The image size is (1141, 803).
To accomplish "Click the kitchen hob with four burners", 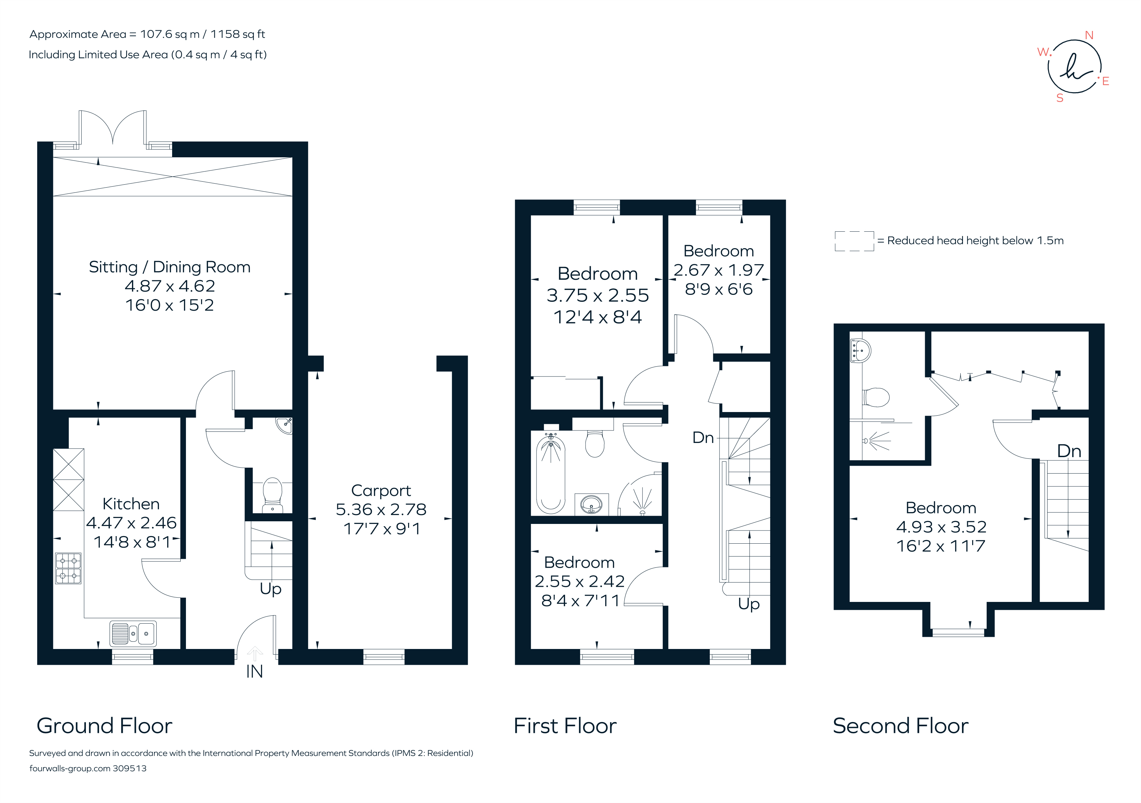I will point(68,568).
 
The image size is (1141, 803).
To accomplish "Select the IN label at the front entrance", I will point(254,672).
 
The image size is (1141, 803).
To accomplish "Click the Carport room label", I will point(381,490).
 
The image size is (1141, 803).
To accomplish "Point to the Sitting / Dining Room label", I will point(169,267).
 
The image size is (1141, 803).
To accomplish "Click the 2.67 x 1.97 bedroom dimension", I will point(718,270).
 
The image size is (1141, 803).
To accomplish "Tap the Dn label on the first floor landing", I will point(703,438).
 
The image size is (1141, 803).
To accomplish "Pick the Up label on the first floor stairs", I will point(748,604).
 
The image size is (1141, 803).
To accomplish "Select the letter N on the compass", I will point(1089,35).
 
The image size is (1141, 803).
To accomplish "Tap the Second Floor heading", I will point(900,726).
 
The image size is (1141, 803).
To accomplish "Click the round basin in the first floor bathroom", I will point(591,505).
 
